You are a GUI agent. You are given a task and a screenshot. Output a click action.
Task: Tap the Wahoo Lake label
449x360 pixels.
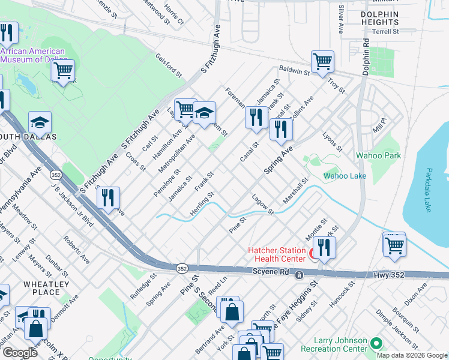[x=345, y=176]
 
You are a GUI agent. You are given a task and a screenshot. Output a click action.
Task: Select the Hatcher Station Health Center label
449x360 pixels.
[x=277, y=255]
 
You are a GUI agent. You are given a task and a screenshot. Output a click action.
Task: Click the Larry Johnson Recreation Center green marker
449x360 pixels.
[x=376, y=344]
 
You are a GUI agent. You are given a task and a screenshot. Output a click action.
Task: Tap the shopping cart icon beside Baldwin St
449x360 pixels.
[x=323, y=61]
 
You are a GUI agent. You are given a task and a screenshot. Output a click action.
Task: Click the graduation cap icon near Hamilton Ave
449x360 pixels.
[x=204, y=112]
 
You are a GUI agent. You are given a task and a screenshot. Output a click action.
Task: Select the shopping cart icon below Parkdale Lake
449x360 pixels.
[x=394, y=244]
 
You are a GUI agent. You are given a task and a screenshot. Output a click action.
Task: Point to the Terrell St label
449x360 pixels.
[x=385, y=31]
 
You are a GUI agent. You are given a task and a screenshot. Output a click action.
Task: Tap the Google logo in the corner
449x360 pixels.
[x=20, y=353]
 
